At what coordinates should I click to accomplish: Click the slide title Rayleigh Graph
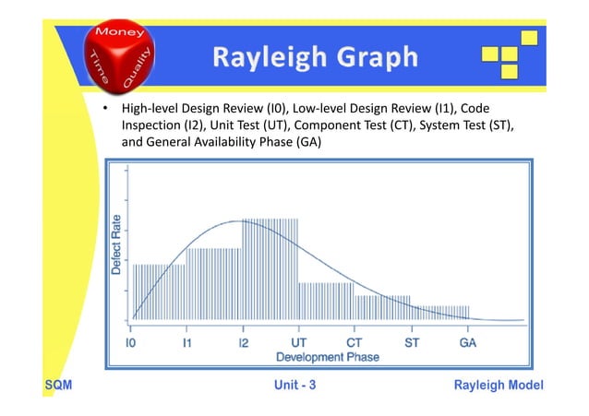point(315,58)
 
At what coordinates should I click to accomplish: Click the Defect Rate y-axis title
point(116,244)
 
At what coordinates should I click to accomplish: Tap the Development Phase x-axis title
point(300,355)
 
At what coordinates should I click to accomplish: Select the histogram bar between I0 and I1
point(159,291)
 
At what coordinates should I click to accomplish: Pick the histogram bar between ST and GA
point(439,313)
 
